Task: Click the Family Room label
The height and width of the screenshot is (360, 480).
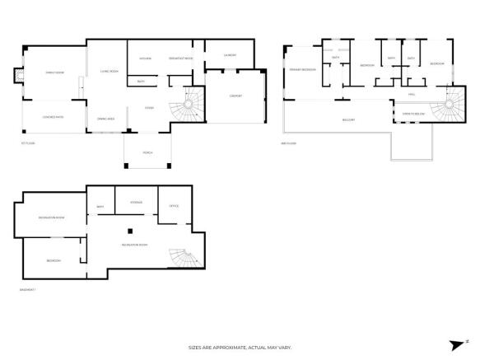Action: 54,72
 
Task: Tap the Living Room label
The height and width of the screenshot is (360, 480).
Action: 110,72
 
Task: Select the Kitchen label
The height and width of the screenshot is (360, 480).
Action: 146,58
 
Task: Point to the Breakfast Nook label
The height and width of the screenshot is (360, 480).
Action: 180,58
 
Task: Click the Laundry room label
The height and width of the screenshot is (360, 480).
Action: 231,55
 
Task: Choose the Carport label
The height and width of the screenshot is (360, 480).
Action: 235,96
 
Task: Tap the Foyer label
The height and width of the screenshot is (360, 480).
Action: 150,107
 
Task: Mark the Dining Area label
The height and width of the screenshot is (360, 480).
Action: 105,119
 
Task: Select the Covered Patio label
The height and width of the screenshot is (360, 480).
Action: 54,117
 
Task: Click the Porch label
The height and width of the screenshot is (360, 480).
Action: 147,152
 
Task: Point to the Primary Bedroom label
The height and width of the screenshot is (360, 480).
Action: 303,70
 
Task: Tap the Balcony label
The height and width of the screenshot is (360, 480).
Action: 348,119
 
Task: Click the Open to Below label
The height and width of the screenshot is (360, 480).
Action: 414,114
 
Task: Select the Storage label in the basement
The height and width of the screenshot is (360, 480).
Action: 137,202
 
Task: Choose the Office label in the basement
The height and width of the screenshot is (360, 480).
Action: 174,206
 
